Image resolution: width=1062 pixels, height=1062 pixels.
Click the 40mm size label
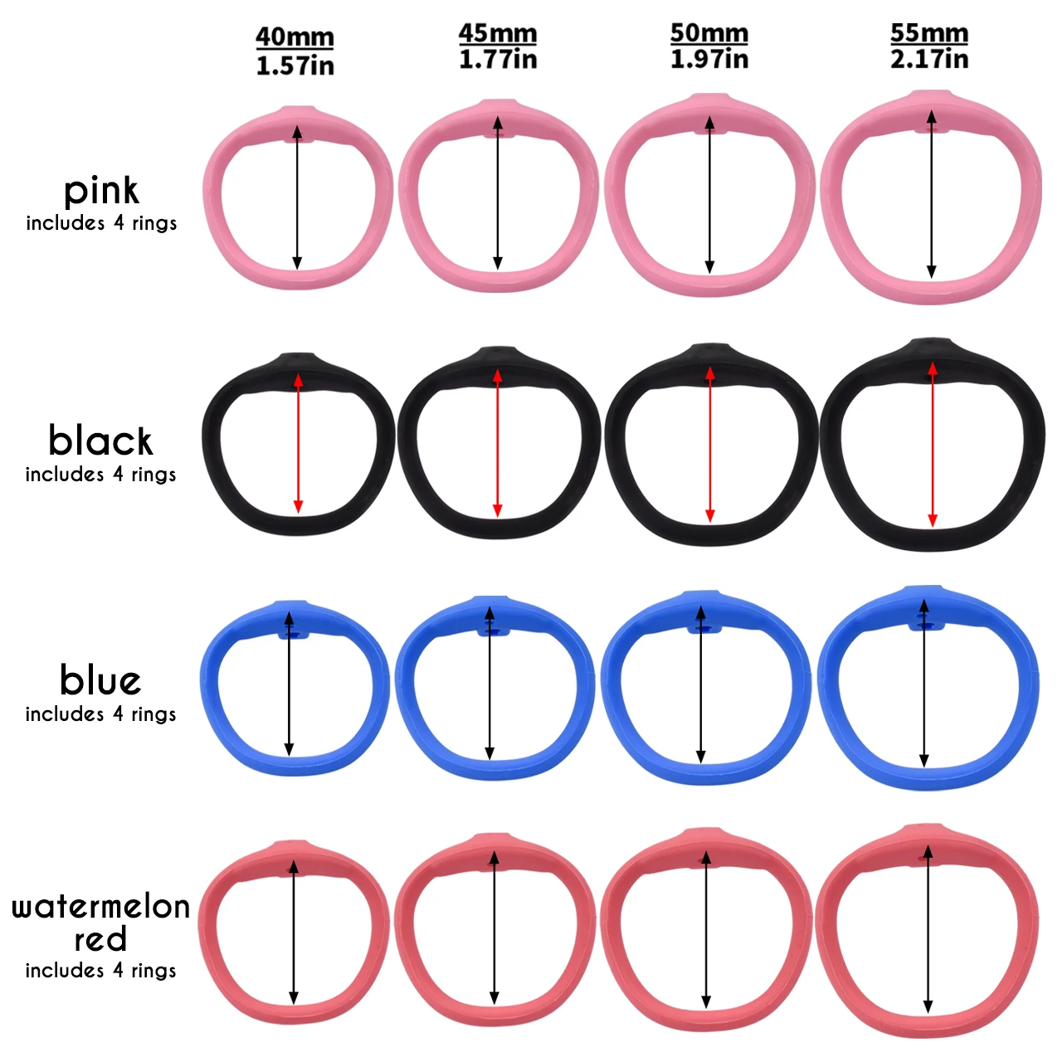tap(295, 37)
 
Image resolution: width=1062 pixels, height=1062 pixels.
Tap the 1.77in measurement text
tap(498, 60)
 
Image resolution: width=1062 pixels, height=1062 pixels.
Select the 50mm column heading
tap(709, 33)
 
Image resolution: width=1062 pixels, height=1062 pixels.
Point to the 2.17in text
tap(929, 59)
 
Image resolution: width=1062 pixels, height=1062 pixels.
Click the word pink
tap(101, 192)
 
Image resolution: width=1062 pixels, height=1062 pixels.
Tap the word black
tap(100, 441)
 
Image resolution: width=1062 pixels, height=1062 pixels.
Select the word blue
tap(100, 680)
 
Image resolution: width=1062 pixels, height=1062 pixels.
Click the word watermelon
tap(100, 906)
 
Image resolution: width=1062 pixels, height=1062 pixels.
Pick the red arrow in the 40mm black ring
tap(298, 444)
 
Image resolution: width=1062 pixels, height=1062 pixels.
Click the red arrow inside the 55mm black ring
tap(933, 444)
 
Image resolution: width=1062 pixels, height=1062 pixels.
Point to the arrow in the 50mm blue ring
tap(701, 684)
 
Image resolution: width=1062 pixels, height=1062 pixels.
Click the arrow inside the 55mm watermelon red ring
tap(928, 929)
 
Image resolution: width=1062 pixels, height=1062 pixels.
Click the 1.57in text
tap(295, 66)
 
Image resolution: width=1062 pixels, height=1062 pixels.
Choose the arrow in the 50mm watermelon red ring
tap(706, 929)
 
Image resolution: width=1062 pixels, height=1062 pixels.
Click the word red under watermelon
tap(100, 940)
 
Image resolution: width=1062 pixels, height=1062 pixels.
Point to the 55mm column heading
tap(929, 33)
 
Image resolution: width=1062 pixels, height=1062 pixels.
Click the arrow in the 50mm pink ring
tap(709, 195)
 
